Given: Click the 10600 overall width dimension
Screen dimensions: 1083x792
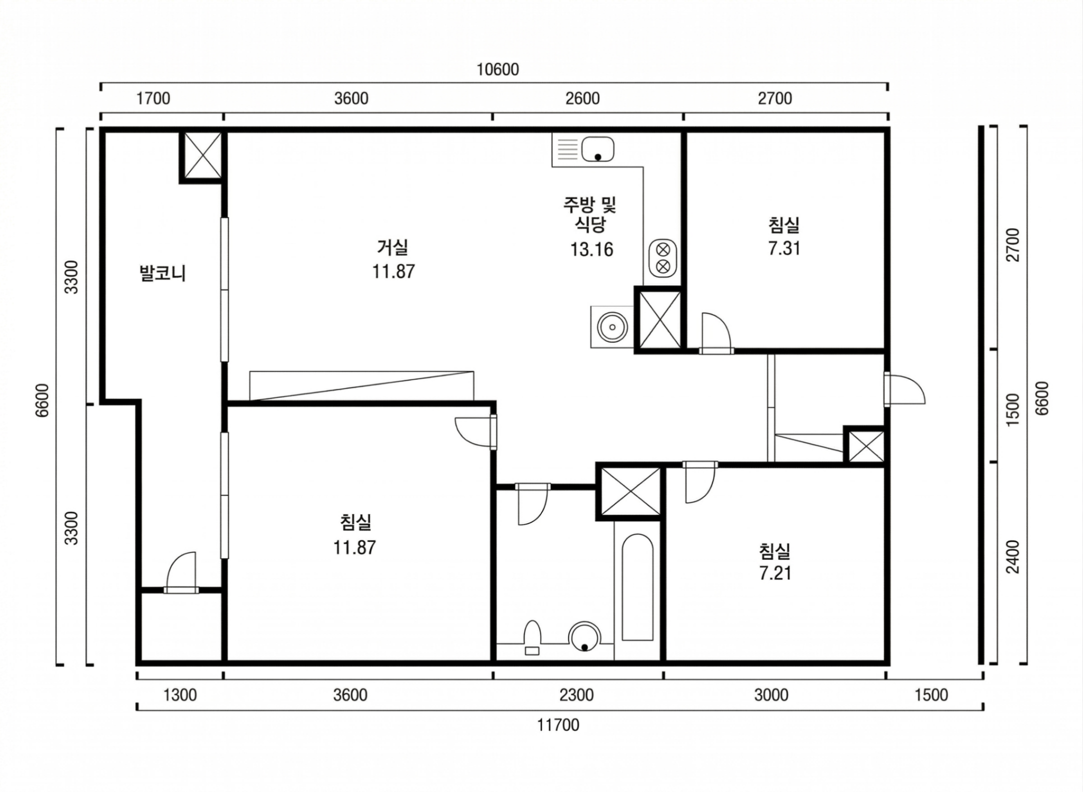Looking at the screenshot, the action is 497,69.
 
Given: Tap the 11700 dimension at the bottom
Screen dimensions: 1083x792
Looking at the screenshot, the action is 558,725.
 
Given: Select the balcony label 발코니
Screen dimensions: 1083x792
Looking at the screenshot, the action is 162,273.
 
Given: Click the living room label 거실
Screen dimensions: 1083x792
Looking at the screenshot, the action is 393,246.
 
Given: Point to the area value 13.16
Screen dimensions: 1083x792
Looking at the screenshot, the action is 592,249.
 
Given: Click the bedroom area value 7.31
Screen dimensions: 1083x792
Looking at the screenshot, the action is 784,248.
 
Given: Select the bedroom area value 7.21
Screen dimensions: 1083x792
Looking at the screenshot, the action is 775,573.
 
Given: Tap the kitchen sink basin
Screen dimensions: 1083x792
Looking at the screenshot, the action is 597,149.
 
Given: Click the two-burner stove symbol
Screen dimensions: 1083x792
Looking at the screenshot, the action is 663,257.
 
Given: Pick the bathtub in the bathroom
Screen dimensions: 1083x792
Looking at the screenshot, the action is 637,588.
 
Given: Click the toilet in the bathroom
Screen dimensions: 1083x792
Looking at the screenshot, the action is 532,638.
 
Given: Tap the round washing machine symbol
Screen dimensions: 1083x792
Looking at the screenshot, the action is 612,327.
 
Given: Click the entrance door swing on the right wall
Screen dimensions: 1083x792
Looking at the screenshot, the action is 904,388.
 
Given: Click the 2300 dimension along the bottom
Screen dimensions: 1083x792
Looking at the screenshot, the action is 576,695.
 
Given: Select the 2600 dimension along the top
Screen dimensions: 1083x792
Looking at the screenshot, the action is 582,98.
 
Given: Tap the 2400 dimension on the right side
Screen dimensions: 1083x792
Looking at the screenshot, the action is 1013,557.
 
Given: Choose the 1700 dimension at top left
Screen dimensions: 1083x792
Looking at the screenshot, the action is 153,98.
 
